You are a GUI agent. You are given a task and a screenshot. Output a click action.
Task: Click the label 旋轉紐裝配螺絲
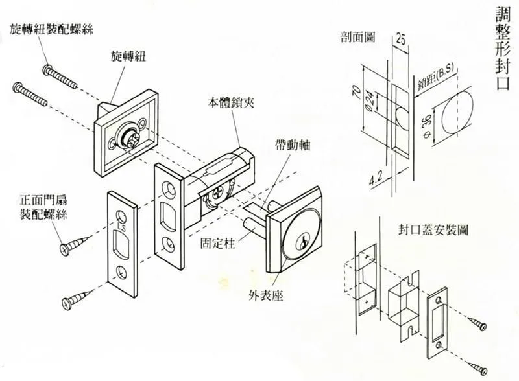click(51, 29)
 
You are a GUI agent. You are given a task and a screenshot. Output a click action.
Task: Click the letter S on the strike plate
click(121, 227)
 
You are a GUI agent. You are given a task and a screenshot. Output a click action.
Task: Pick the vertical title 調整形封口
click(502, 49)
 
